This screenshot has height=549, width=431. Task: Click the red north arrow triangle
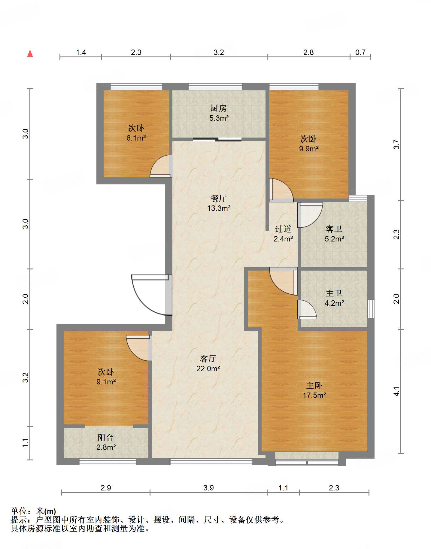[x=30, y=53]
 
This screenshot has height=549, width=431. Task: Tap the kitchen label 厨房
[x=219, y=108]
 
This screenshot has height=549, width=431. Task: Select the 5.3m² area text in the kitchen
[x=219, y=118]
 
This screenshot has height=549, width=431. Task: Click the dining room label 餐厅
[x=219, y=198]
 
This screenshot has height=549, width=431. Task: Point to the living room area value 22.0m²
[x=208, y=369]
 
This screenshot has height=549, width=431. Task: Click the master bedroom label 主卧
[x=314, y=385]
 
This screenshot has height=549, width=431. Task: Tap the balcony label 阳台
[x=106, y=438]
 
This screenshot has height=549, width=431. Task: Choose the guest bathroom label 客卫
[x=334, y=229]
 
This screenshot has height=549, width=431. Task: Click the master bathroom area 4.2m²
[x=334, y=303]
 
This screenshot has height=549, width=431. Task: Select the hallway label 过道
[x=283, y=229]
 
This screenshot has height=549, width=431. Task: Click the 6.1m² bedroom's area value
[x=136, y=138]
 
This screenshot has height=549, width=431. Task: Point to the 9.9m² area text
[x=309, y=148]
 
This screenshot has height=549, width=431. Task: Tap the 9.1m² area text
[x=106, y=382]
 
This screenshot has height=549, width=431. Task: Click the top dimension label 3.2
[x=219, y=52]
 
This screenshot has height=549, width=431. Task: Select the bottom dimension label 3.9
[x=208, y=488]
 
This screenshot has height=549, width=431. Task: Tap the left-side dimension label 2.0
[x=26, y=299]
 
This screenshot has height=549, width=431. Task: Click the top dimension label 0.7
[x=360, y=52]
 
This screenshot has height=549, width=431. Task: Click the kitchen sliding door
[x=217, y=139]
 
